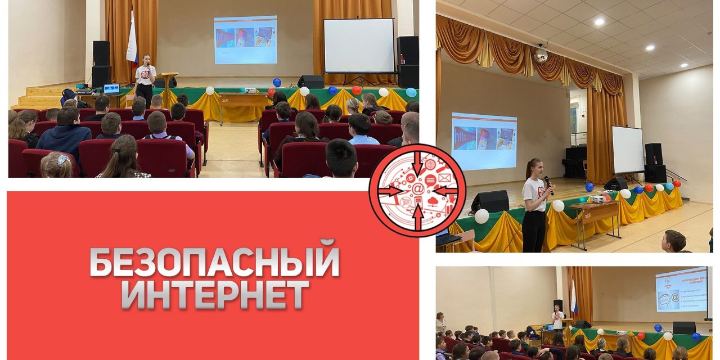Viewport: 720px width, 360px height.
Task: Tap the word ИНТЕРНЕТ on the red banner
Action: pyautogui.click(x=215, y=294)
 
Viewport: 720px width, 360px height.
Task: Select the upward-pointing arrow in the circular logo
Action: pyautogui.click(x=417, y=215)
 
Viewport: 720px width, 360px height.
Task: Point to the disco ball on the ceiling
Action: pyautogui.click(x=540, y=55)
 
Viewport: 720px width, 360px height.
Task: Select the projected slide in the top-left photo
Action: pyautogui.click(x=245, y=39)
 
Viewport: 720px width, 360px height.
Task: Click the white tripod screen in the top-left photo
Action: pyautogui.click(x=359, y=46)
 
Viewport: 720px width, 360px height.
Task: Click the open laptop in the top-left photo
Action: pyautogui.click(x=112, y=89)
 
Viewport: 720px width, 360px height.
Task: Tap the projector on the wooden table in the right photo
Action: pyautogui.click(x=598, y=199)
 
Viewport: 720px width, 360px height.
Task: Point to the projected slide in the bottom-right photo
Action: pyautogui.click(x=681, y=289)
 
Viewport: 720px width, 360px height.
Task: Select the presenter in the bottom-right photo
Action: pyautogui.click(x=557, y=318)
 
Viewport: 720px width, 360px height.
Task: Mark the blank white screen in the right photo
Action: pyautogui.click(x=627, y=149)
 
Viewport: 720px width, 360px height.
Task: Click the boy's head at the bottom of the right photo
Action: pyautogui.click(x=674, y=240)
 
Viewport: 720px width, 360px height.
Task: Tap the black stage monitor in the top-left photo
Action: pyautogui.click(x=310, y=82)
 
